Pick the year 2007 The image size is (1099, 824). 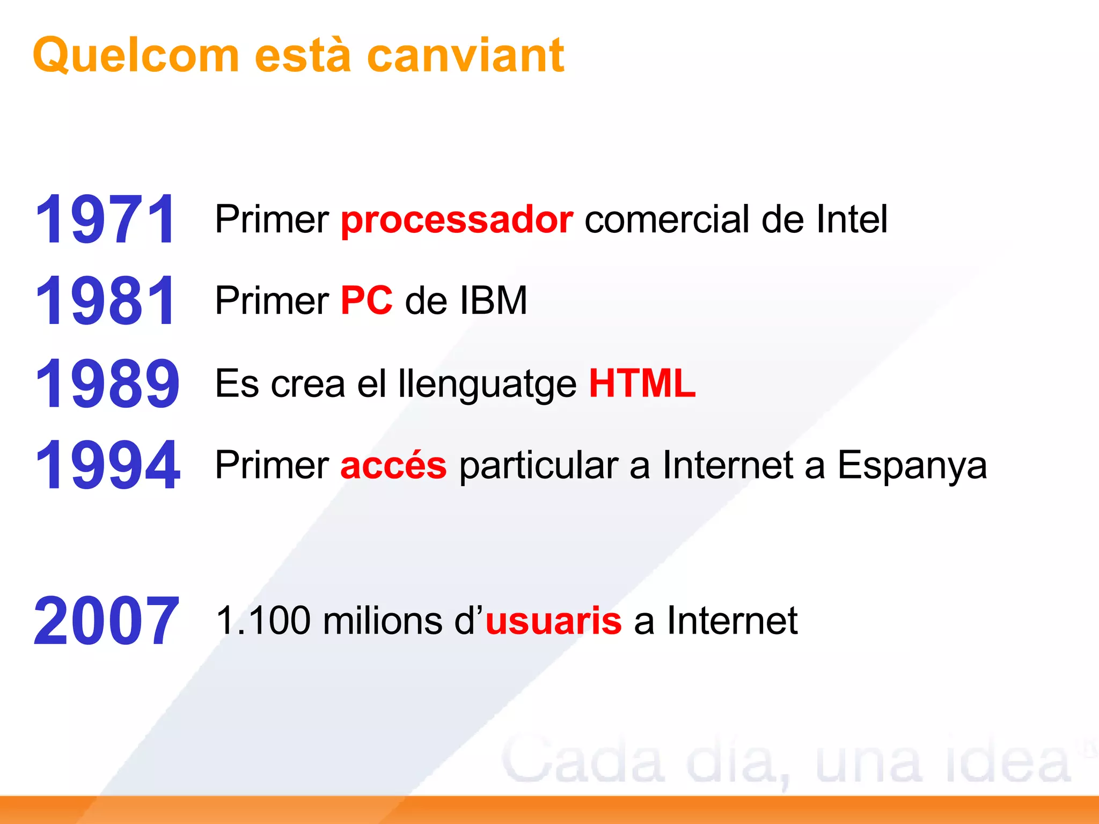pyautogui.click(x=106, y=621)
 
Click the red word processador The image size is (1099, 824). pyautogui.click(x=457, y=220)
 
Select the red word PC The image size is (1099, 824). pyautogui.click(x=367, y=300)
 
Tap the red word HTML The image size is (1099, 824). pyautogui.click(x=642, y=384)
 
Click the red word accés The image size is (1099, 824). pyautogui.click(x=393, y=465)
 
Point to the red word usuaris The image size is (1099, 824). pyautogui.click(x=553, y=621)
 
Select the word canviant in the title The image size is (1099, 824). pyautogui.click(x=465, y=55)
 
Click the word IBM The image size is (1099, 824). pyautogui.click(x=493, y=300)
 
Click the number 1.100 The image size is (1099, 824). pyautogui.click(x=263, y=621)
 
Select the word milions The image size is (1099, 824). pyautogui.click(x=383, y=621)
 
